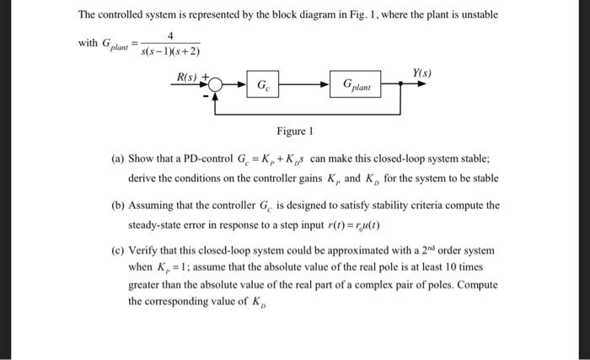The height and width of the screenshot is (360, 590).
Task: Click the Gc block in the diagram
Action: tap(264, 84)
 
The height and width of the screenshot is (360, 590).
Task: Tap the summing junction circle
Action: tap(217, 84)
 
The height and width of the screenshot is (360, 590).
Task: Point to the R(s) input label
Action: tap(186, 77)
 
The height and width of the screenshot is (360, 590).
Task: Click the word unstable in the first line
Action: tap(475, 15)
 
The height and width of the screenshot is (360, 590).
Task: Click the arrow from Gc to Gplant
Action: tap(308, 84)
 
